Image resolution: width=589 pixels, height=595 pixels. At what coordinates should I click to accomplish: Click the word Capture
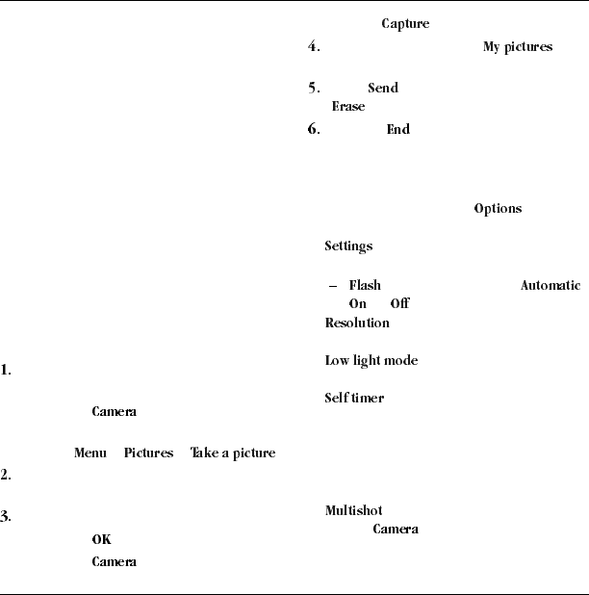point(405,23)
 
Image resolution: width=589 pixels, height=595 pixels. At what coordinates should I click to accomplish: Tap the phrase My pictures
point(517,47)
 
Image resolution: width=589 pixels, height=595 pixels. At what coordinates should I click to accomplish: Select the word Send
point(382,89)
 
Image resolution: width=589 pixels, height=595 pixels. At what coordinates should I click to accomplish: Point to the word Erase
point(347,107)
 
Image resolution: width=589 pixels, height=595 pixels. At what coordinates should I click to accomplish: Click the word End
point(397,129)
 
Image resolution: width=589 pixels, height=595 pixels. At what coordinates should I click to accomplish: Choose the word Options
point(498,209)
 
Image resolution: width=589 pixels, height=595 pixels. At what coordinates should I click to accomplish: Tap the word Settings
point(347,246)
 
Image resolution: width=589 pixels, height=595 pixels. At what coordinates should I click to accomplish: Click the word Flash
point(364,286)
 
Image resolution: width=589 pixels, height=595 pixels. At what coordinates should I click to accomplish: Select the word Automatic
point(551,286)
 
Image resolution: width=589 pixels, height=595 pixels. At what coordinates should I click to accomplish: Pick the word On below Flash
point(357,303)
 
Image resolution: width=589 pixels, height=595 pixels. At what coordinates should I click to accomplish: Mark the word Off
point(399,303)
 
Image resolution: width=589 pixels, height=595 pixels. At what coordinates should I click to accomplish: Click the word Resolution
point(356,323)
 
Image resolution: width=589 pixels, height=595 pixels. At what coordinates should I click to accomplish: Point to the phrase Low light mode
point(371,360)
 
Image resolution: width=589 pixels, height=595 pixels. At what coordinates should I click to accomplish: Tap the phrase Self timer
point(354,398)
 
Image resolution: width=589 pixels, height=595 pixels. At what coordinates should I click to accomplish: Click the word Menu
point(90,453)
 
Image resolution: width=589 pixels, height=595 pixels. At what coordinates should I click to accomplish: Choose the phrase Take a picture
point(232,453)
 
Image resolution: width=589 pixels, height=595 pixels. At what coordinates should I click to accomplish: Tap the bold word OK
point(101,539)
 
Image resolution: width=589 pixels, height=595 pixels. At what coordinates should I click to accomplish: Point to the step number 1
point(6,370)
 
